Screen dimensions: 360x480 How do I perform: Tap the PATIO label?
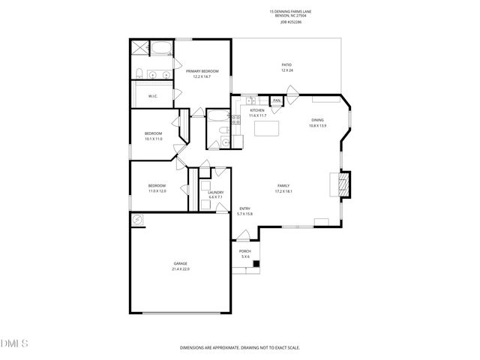click(x=286, y=65)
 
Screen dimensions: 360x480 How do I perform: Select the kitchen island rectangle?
click(x=266, y=128)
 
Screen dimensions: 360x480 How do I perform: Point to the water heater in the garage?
click(x=137, y=220)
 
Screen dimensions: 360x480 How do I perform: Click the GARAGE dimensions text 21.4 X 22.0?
click(x=180, y=268)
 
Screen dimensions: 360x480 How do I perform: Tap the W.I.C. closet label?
click(x=152, y=96)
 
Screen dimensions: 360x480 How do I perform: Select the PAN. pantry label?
click(x=277, y=100)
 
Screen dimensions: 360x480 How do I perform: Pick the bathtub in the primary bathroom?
click(x=161, y=49)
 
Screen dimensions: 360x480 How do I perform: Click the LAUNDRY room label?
click(x=216, y=193)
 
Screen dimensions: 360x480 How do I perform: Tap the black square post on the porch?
click(x=256, y=263)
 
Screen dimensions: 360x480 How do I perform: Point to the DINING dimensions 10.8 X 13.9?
click(x=319, y=125)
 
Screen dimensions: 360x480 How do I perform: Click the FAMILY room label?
click(x=283, y=185)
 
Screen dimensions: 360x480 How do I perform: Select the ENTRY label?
click(x=244, y=208)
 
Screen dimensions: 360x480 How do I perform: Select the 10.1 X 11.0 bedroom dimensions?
click(x=153, y=139)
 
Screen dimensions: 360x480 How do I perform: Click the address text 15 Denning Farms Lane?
click(x=290, y=12)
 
